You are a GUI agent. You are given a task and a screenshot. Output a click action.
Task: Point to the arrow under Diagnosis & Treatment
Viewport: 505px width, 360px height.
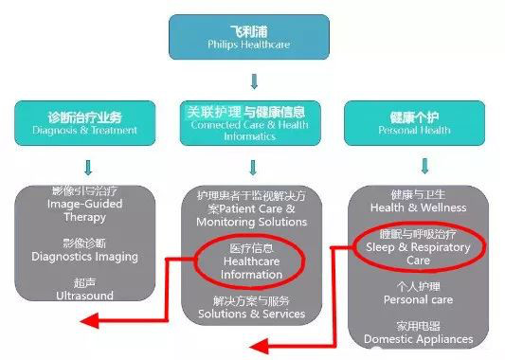(86, 168)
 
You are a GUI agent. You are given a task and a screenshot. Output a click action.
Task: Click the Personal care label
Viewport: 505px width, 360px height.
(417, 294)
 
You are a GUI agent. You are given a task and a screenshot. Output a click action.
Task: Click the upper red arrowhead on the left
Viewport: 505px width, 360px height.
(88, 320)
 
